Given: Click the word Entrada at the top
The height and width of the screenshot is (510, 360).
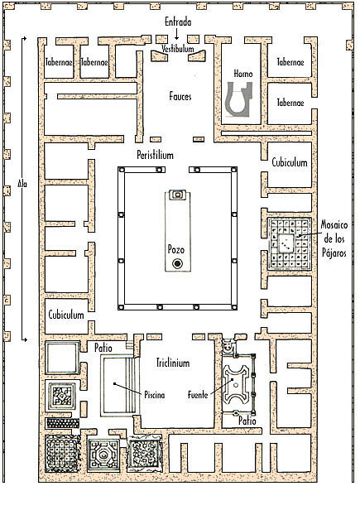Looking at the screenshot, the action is click(178, 22).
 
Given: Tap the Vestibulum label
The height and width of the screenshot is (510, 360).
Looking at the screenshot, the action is click(178, 49).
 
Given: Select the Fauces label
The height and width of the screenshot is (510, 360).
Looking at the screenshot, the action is click(180, 96).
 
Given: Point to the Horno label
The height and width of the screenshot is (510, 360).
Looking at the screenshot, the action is click(243, 74).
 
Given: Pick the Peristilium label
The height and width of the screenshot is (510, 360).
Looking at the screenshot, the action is click(155, 155).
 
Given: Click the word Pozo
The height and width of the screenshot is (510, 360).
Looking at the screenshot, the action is click(176, 249).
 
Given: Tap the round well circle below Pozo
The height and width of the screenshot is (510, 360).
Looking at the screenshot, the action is click(177, 263).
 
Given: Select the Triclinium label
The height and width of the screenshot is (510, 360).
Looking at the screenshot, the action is click(173, 363).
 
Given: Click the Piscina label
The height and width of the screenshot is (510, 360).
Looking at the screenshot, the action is click(155, 395).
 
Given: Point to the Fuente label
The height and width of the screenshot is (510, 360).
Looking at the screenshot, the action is click(198, 395).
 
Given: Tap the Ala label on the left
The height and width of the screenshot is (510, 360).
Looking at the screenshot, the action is click(22, 184).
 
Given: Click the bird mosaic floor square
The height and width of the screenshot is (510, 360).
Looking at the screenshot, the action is click(289, 244).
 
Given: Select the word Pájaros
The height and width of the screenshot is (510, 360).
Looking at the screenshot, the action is click(334, 253).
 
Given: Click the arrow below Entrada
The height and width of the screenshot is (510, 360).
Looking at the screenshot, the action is click(176, 34).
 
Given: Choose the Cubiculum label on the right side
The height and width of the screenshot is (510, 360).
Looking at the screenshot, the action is click(290, 162).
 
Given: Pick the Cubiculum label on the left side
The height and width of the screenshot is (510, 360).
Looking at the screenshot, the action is click(66, 315).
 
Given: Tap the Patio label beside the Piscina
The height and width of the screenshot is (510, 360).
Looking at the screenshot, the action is click(103, 348).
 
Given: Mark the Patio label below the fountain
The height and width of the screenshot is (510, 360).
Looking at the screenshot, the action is click(247, 421).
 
